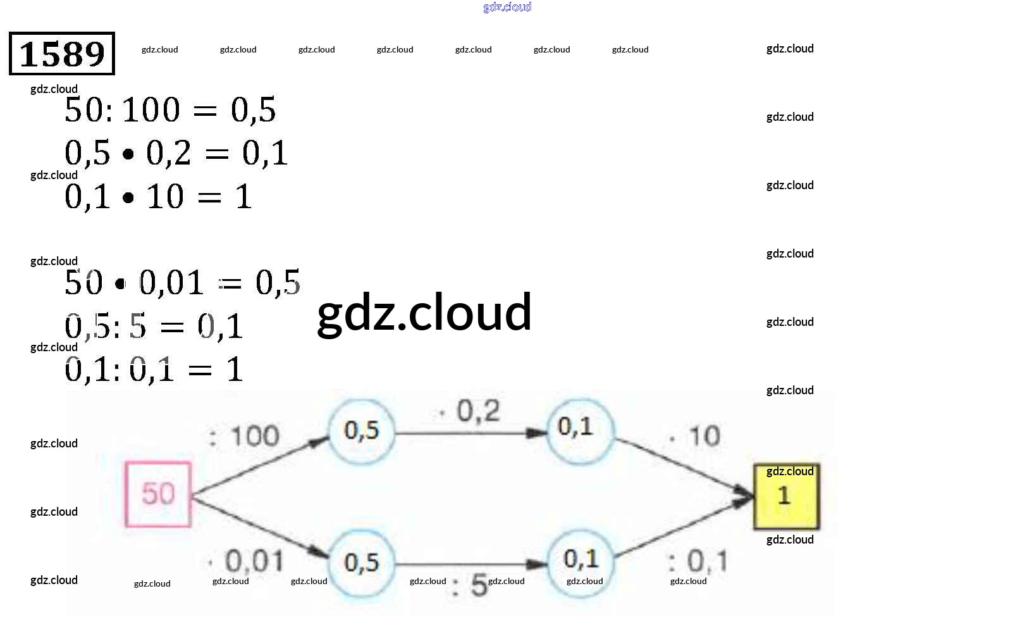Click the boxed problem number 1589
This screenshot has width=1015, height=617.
pyautogui.click(x=62, y=54)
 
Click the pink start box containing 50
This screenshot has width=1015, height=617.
pyautogui.click(x=158, y=494)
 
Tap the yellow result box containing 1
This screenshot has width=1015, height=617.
pyautogui.click(x=786, y=496)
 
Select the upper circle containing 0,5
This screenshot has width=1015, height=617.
pyautogui.click(x=362, y=432)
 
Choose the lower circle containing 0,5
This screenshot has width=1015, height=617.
pyautogui.click(x=362, y=563)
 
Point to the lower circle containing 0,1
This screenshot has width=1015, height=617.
pyautogui.click(x=581, y=560)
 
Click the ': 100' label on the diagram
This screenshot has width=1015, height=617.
pyautogui.click(x=245, y=436)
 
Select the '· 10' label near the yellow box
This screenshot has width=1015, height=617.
pyautogui.click(x=695, y=436)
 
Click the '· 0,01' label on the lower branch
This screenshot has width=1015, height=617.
pyautogui.click(x=247, y=561)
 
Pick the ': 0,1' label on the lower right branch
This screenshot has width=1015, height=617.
pyautogui.click(x=698, y=561)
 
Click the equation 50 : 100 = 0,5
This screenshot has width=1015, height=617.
pyautogui.click(x=170, y=110)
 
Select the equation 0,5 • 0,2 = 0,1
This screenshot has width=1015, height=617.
pyautogui.click(x=176, y=153)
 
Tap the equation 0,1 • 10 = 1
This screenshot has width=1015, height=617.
pyautogui.click(x=159, y=197)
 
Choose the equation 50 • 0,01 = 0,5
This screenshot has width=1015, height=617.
pyautogui.click(x=182, y=283)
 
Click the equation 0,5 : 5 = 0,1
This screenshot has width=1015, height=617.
pyautogui.click(x=154, y=327)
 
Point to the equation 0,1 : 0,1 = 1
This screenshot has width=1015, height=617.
pyautogui.click(x=154, y=370)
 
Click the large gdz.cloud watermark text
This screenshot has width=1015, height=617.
pyautogui.click(x=424, y=312)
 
